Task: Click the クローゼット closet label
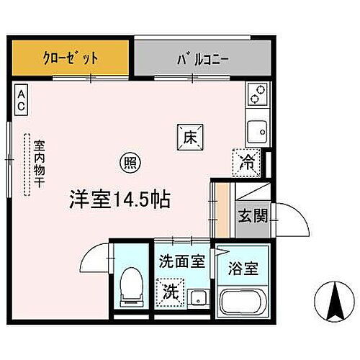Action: coord(70,56)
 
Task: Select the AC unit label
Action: coord(22,99)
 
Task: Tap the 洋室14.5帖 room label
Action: coord(120,199)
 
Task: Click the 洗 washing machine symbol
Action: coord(170,293)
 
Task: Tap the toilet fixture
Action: coord(132,284)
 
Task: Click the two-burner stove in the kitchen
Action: coord(257,93)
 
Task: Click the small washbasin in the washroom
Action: coord(200,298)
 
